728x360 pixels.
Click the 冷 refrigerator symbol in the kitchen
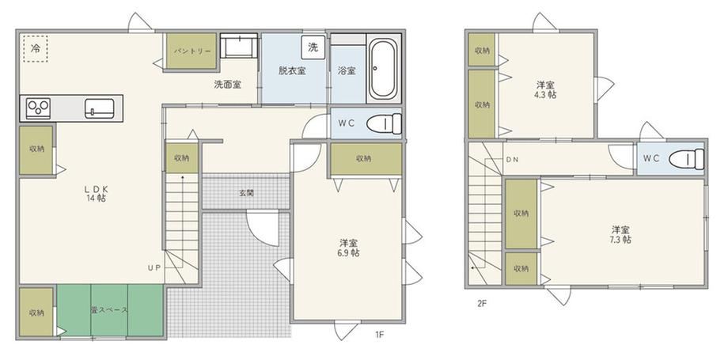36,47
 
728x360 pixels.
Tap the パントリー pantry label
192,51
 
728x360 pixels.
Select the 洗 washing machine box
313,47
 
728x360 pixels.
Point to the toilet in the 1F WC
385,123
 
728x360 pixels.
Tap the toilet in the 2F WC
687,159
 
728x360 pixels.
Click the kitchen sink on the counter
100,108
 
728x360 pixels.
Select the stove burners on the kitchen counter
38,108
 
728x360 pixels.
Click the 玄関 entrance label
247,193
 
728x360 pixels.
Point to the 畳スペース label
109,310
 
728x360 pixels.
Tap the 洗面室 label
228,85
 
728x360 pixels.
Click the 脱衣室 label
292,71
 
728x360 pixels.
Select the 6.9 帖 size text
349,253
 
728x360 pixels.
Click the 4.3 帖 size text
545,95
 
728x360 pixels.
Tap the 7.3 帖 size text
620,240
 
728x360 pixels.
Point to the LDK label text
96,189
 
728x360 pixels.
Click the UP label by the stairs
154,268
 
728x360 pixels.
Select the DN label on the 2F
512,159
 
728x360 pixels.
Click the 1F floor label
379,334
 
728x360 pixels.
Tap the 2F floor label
481,305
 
